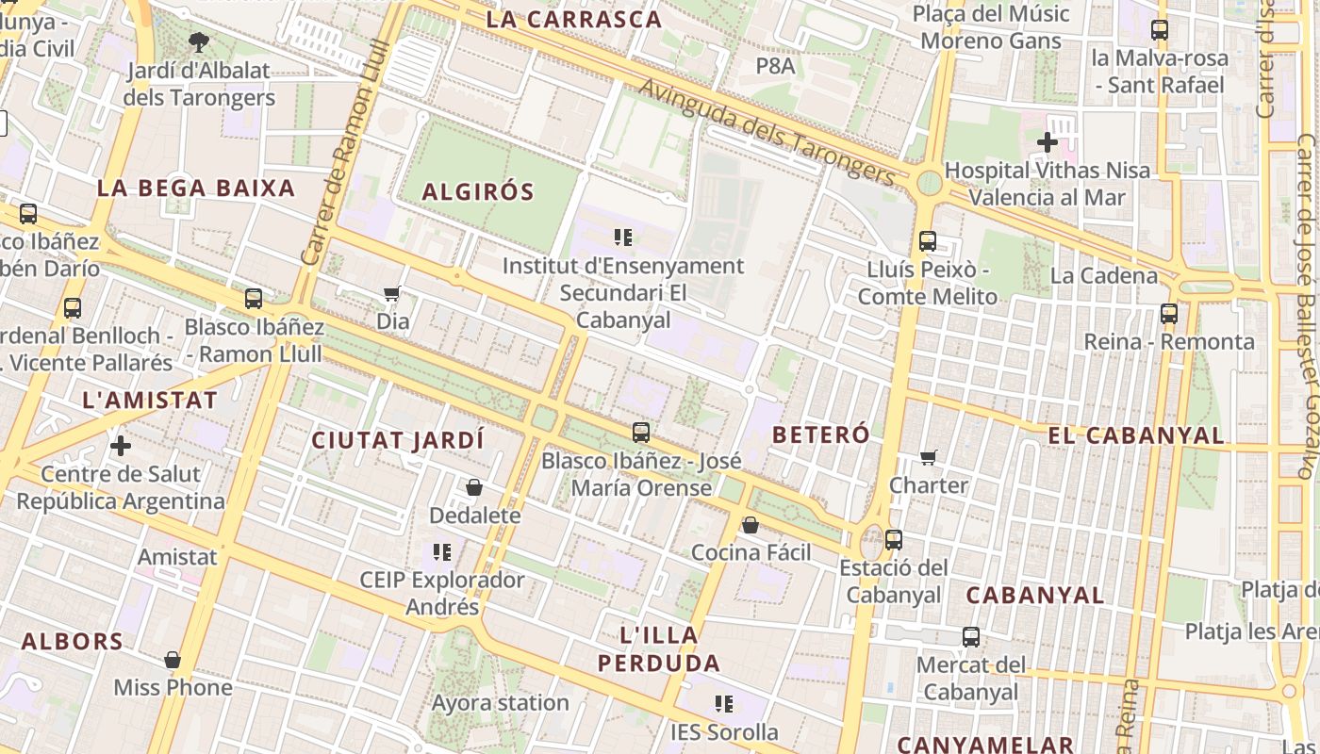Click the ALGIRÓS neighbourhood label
[x=478, y=192]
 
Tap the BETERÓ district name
[x=820, y=434]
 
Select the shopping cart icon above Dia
[x=392, y=293]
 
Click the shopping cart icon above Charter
[x=929, y=457]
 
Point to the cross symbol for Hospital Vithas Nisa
[x=1047, y=142]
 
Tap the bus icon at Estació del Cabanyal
[x=894, y=540]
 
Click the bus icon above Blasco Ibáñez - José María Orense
[x=641, y=433]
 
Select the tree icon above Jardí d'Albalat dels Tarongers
[x=198, y=41]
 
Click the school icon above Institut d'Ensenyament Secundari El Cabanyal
[x=622, y=237]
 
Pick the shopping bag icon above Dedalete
[x=474, y=487]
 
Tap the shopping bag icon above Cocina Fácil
[x=751, y=524]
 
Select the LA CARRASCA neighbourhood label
[x=574, y=19]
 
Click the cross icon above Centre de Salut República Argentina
[x=121, y=445]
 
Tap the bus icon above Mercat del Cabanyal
[x=971, y=636]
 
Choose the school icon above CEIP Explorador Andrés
[x=441, y=551]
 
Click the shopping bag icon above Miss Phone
[x=173, y=660]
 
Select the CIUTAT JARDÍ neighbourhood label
[x=398, y=440]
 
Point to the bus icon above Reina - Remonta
[x=1169, y=313]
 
